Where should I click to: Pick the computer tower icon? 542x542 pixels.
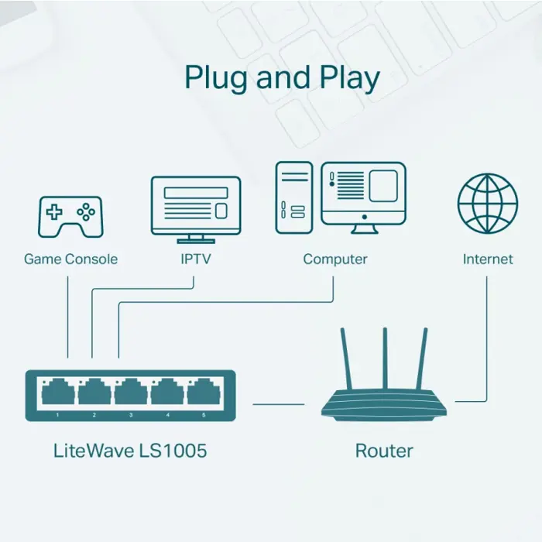294,197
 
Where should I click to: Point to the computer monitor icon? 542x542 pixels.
363,194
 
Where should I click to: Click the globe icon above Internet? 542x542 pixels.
488,203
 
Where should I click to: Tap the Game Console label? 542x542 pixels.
70,259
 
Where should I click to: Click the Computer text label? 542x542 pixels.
335,259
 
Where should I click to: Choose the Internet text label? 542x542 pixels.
488,259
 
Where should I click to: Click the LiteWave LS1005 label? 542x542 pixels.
130,450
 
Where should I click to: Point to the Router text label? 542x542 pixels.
384,450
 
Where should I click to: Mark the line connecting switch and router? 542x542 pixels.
279,403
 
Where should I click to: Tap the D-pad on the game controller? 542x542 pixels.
54,211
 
